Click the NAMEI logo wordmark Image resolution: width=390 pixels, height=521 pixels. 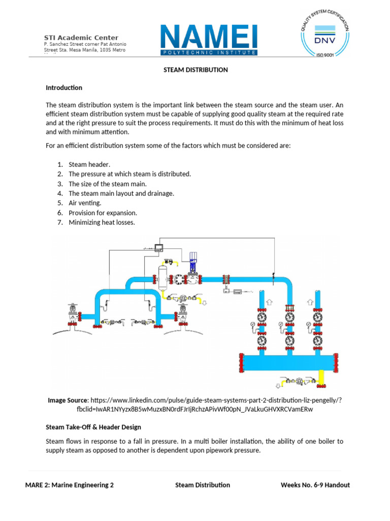[x=209, y=36]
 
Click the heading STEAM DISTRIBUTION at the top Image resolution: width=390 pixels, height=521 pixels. [x=195, y=70]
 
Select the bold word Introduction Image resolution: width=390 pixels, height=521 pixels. [x=64, y=88]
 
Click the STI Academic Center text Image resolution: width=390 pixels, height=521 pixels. [x=81, y=38]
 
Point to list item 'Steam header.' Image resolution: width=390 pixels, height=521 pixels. [x=89, y=164]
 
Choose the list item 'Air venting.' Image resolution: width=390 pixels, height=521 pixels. [x=85, y=203]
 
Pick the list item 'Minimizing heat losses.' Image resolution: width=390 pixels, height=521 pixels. [x=102, y=222]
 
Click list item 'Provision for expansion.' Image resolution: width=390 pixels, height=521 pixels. [x=103, y=213]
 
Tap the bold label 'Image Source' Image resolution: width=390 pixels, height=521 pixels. [x=68, y=400]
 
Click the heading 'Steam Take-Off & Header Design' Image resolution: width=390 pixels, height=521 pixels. [x=93, y=427]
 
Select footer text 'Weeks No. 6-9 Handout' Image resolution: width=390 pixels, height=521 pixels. [x=315, y=485]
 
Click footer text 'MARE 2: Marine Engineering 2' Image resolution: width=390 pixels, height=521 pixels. [x=70, y=485]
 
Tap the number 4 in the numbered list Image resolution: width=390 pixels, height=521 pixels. [x=59, y=193]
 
